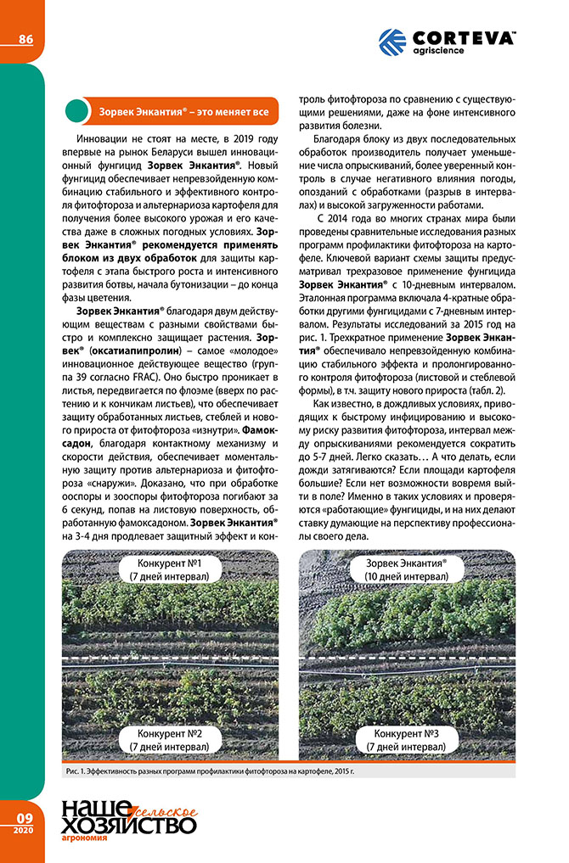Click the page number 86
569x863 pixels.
(x=26, y=38)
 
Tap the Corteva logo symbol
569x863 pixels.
(x=392, y=42)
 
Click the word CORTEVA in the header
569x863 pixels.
(x=464, y=38)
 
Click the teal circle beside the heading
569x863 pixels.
(x=77, y=111)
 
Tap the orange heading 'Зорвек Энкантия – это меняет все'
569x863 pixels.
(x=183, y=111)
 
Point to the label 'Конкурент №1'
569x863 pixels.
(x=170, y=563)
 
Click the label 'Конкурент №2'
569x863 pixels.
(x=170, y=732)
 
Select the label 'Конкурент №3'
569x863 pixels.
(x=405, y=732)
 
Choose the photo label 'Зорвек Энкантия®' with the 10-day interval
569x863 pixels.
(x=406, y=563)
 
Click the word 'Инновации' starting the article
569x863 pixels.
(x=104, y=136)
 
